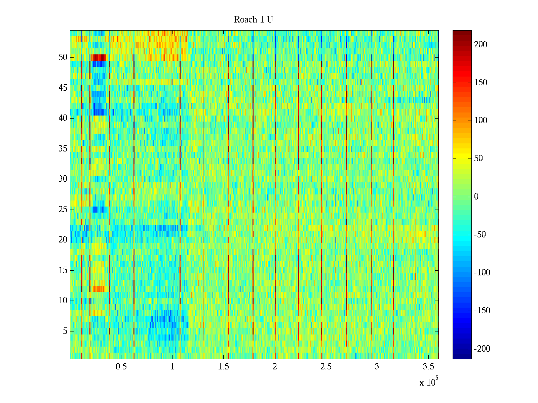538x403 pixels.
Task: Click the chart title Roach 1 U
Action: [253, 20]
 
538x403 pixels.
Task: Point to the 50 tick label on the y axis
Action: [63, 57]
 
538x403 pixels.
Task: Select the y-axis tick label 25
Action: [63, 210]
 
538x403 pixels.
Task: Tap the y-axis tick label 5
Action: [65, 331]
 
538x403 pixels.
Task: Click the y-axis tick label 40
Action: [63, 118]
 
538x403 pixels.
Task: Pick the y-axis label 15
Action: [63, 270]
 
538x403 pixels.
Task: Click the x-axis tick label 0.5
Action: [121, 367]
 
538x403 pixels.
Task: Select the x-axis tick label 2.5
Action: [326, 367]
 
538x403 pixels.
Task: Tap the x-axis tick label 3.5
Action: [428, 367]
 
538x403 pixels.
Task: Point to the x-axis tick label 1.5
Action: [223, 367]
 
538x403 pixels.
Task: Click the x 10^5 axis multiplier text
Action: [428, 382]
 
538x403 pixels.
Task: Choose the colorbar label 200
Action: [481, 45]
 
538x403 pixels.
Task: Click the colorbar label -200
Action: [482, 349]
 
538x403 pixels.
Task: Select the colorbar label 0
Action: [476, 197]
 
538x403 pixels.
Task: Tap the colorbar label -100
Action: [482, 273]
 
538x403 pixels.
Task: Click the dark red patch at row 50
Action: [99, 57]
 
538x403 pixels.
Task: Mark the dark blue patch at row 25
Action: [99, 210]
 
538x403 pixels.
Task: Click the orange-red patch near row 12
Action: [98, 288]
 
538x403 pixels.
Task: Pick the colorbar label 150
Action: [481, 83]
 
